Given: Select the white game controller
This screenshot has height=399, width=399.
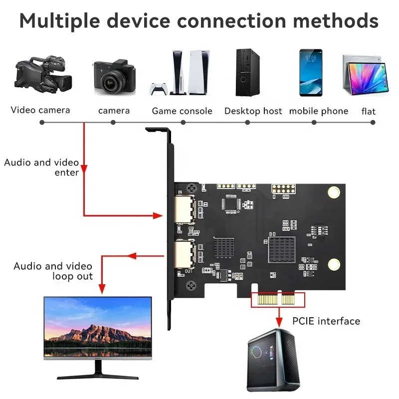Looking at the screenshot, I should click(158, 88).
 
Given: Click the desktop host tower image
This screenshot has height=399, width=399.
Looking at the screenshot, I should click(247, 72).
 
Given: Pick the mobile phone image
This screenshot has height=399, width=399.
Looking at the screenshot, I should click(311, 72).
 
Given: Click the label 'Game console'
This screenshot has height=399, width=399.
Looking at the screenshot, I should click(182, 111).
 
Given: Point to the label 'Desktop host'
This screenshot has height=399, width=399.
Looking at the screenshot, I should click(253, 111).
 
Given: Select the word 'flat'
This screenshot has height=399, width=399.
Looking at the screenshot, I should click(369, 111).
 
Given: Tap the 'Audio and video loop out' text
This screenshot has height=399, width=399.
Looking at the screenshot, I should click(53, 271).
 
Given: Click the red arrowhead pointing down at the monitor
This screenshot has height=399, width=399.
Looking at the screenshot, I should click(102, 288).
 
